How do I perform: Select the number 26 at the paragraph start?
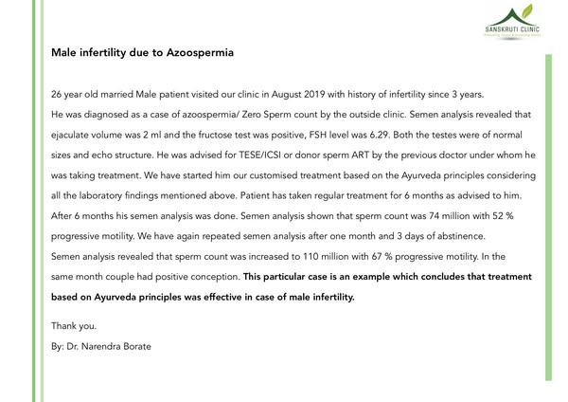57,95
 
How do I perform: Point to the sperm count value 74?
441,216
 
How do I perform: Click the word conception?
214,277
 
